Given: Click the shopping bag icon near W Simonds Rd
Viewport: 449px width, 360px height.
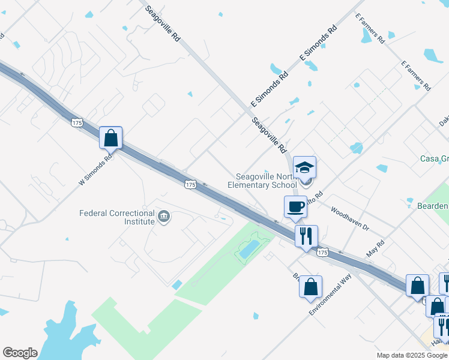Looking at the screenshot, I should (111, 138).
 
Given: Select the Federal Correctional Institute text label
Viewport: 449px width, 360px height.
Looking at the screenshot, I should (118, 217).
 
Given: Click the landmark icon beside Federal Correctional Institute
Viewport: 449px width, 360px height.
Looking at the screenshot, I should (163, 217).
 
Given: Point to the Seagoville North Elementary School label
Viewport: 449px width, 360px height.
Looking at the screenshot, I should (262, 181).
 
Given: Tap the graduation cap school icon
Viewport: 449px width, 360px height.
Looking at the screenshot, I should (304, 167).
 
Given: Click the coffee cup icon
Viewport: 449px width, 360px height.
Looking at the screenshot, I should (295, 206).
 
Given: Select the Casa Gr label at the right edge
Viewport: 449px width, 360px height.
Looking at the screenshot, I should (434, 159).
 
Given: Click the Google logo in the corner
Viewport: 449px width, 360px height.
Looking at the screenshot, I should (20, 353).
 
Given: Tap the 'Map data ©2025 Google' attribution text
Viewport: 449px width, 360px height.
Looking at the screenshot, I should (412, 355).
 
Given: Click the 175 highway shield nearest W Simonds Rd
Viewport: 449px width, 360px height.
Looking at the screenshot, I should (76, 122).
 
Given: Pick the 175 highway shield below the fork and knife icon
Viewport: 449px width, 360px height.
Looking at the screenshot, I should (323, 253).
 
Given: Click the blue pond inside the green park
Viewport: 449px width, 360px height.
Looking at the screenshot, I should (249, 248).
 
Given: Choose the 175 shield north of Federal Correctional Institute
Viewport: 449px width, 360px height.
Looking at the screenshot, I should (190, 185).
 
